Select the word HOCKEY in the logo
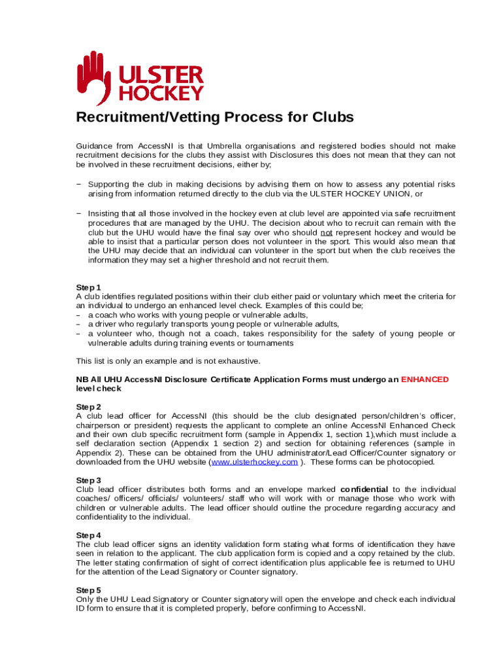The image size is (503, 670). coord(161,93)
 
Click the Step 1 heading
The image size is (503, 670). coord(89,287)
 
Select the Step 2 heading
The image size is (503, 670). coord(89,406)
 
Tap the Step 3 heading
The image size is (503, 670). coord(89,480)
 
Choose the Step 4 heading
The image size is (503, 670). coord(89,535)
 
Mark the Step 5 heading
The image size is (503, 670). coord(89,590)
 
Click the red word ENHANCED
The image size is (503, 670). coord(425,379)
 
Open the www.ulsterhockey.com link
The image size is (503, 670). coord(254,461)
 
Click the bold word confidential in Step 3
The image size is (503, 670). coord(365,489)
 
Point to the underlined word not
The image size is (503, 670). coord(326,233)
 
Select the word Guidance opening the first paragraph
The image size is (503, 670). coord(95,146)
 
